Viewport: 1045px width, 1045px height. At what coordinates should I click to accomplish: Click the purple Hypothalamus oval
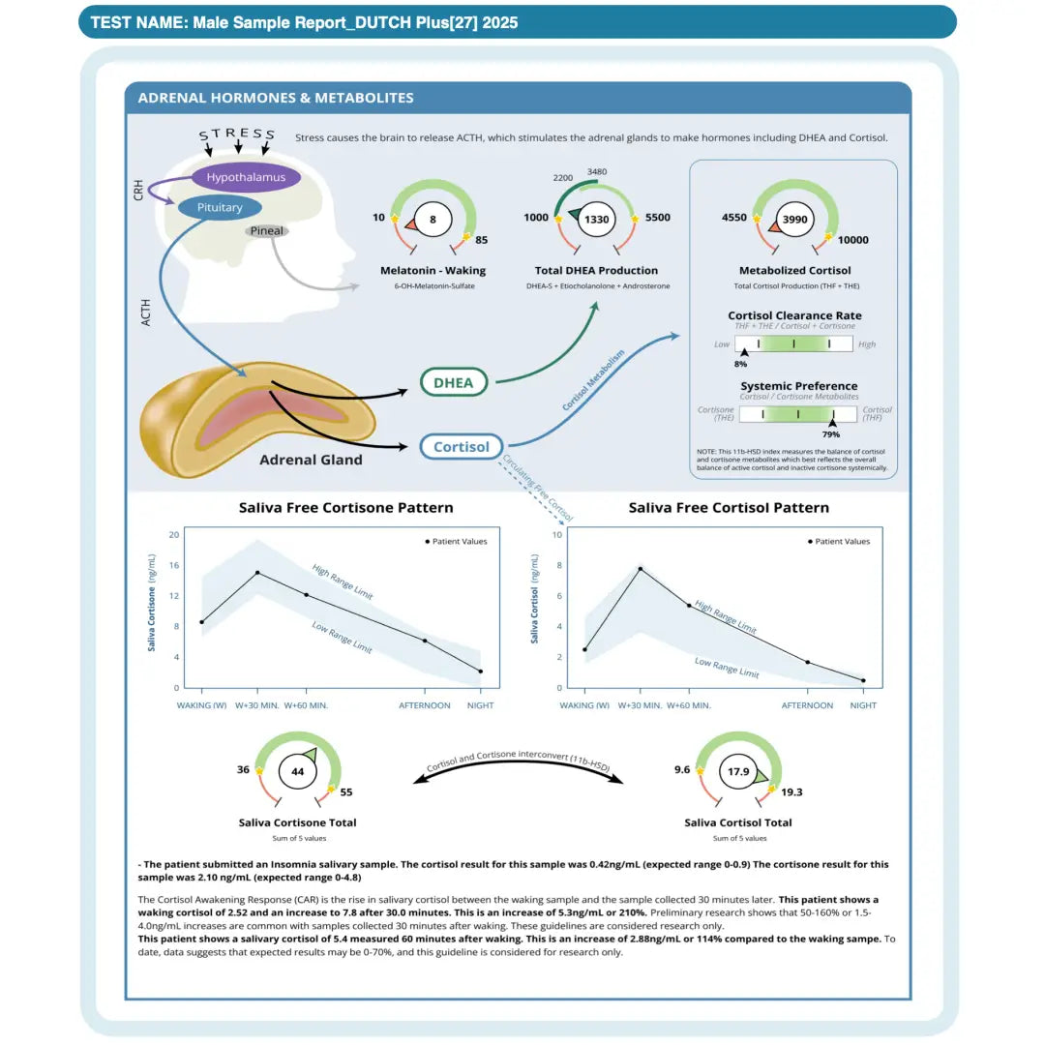[245, 178]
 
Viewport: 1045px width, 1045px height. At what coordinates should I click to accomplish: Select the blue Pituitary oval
[220, 207]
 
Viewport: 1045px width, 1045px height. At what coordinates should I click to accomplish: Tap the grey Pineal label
[266, 231]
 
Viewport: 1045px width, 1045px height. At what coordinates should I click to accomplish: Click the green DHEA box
[454, 382]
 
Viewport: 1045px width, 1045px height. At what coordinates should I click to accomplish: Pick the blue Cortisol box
[462, 447]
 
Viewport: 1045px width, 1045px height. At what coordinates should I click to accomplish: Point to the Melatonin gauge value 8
[433, 220]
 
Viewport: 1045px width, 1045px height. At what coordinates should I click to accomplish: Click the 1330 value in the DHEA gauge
[596, 220]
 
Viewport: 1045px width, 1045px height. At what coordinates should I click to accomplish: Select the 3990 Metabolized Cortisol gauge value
[794, 220]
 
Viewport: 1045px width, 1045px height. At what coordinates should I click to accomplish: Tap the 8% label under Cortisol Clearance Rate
[740, 364]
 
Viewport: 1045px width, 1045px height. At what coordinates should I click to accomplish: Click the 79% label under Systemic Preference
[831, 434]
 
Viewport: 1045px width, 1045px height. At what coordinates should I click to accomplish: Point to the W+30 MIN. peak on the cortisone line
[256, 573]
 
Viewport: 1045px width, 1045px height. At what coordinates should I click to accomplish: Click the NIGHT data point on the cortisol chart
[863, 680]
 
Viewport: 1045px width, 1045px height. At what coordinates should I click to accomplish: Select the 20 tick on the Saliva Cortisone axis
[174, 534]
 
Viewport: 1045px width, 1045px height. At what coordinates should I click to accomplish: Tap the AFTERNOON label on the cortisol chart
[807, 705]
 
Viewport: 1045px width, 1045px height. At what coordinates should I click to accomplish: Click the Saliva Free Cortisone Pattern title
[345, 507]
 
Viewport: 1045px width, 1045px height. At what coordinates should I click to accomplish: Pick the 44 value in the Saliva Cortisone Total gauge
[297, 771]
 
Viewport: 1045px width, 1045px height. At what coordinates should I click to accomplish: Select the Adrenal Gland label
[311, 460]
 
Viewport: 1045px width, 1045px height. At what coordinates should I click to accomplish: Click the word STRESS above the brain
[237, 134]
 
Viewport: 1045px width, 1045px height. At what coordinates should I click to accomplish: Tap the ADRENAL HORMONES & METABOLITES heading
[276, 98]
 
